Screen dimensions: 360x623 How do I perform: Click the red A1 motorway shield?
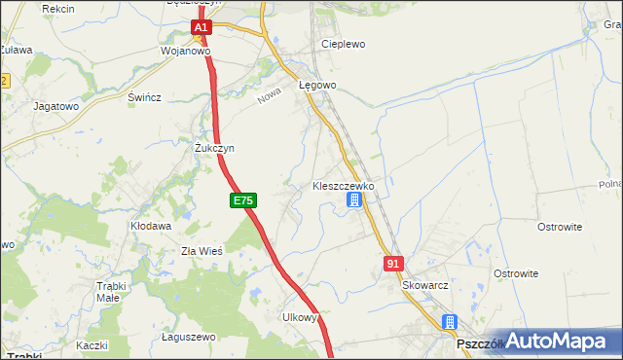[201, 29]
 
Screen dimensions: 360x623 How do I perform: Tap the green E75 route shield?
[243, 200]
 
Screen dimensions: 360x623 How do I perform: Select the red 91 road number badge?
[393, 264]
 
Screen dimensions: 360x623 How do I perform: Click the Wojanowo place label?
[186, 52]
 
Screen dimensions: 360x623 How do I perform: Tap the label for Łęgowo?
[317, 86]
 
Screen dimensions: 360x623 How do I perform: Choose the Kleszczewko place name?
[349, 185]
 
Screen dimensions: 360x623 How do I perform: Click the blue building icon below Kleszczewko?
[354, 200]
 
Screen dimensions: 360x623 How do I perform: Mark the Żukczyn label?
[214, 148]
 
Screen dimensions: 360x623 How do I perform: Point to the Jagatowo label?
[55, 106]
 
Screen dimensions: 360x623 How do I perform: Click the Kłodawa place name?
[151, 226]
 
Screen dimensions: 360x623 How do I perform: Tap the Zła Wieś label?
[202, 251]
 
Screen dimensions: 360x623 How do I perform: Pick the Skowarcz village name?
[425, 286]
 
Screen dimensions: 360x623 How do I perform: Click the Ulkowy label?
[300, 317]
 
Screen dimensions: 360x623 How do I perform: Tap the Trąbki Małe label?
[120, 292]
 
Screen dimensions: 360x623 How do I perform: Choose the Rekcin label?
[58, 9]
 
